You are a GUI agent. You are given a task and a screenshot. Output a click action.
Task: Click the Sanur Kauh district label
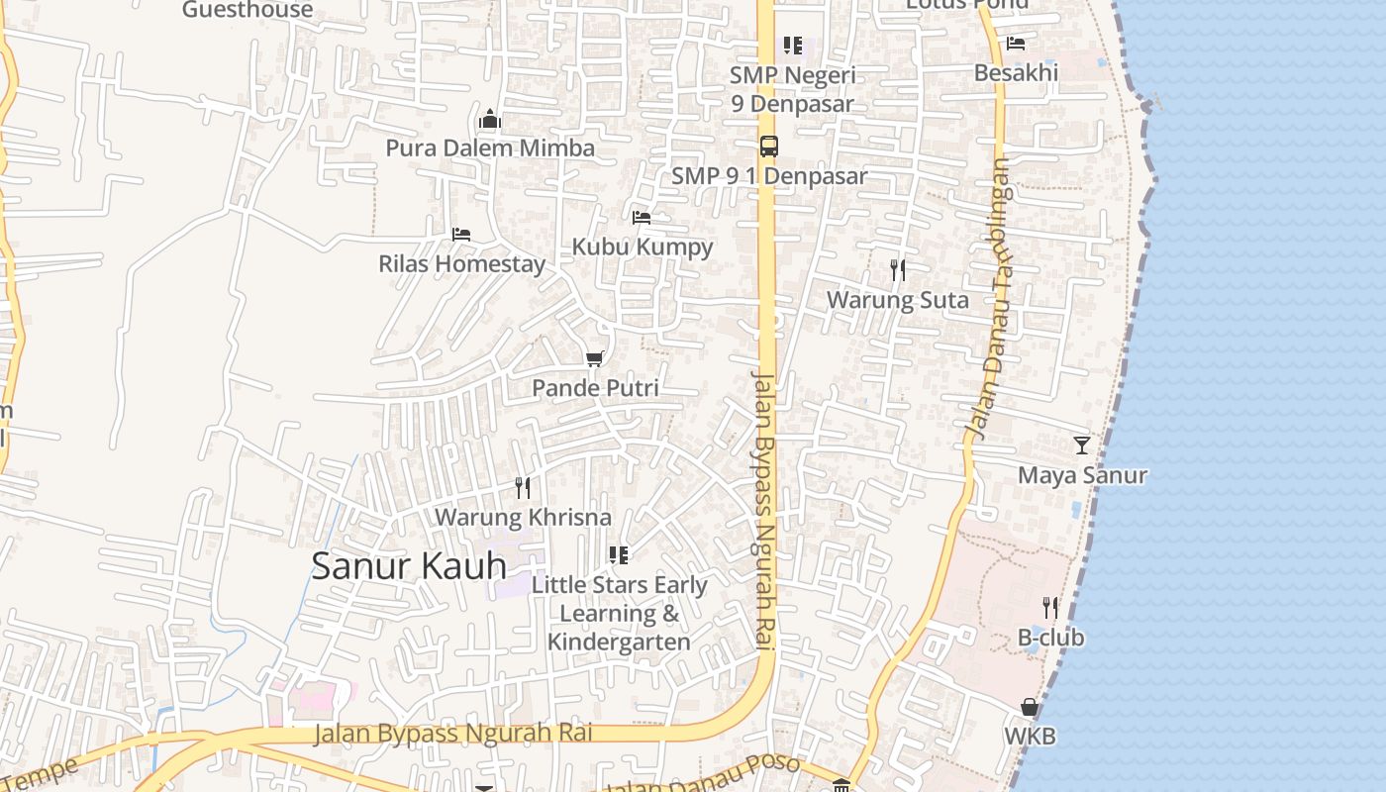(x=409, y=566)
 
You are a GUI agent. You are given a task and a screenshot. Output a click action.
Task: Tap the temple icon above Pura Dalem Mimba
(x=489, y=121)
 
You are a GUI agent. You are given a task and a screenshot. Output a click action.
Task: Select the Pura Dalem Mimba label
(x=490, y=148)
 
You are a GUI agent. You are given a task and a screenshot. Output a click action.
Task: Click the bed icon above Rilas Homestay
(x=460, y=235)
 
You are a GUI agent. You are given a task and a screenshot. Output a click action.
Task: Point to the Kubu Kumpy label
(x=643, y=247)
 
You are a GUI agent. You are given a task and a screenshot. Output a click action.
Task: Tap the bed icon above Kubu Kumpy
(x=642, y=218)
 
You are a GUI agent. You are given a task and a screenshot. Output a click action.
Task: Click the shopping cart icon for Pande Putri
(x=594, y=358)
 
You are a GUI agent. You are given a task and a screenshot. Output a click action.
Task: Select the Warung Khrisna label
(x=523, y=517)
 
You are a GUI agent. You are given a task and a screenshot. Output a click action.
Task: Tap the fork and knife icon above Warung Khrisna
(x=523, y=487)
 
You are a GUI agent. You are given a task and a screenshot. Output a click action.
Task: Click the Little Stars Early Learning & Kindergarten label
(x=619, y=613)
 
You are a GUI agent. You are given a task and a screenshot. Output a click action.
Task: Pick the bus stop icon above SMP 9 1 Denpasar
(x=768, y=147)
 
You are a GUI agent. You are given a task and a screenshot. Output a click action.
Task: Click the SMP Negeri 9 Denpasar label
(x=792, y=89)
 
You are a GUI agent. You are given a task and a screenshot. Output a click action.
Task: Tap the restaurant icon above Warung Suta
(x=898, y=269)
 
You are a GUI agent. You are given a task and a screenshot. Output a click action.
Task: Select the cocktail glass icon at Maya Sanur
(x=1082, y=445)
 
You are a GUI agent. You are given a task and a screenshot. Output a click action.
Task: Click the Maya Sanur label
(x=1082, y=475)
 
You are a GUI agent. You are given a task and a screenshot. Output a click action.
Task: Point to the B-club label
(x=1050, y=638)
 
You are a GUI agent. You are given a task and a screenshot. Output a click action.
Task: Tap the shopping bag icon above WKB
(x=1030, y=707)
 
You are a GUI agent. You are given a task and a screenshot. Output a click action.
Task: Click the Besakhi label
(x=1016, y=72)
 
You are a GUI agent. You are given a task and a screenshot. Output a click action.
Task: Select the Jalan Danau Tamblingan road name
(x=990, y=297)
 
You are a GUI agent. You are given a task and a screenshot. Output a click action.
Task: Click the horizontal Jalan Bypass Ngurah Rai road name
(x=453, y=734)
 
